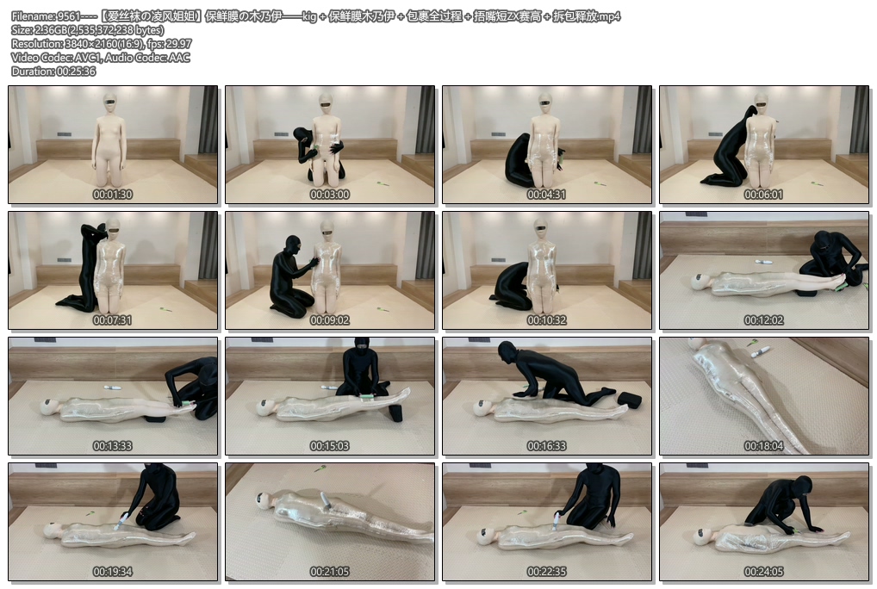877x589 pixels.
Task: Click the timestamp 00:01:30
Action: [112, 195]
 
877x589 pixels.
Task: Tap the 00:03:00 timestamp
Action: [329, 195]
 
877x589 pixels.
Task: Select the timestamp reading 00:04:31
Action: [546, 195]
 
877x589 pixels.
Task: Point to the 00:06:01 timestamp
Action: [763, 195]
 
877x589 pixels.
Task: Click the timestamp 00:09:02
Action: [329, 320]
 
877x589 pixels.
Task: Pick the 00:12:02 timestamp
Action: [763, 320]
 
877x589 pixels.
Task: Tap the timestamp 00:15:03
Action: [329, 446]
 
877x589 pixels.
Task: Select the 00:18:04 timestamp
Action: [763, 446]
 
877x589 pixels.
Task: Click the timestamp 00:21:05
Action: [329, 572]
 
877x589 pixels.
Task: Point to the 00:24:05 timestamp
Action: [763, 572]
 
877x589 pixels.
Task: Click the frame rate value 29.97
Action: [177, 44]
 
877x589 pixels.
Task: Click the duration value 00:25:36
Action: [76, 71]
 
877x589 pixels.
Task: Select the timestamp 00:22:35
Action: [546, 572]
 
